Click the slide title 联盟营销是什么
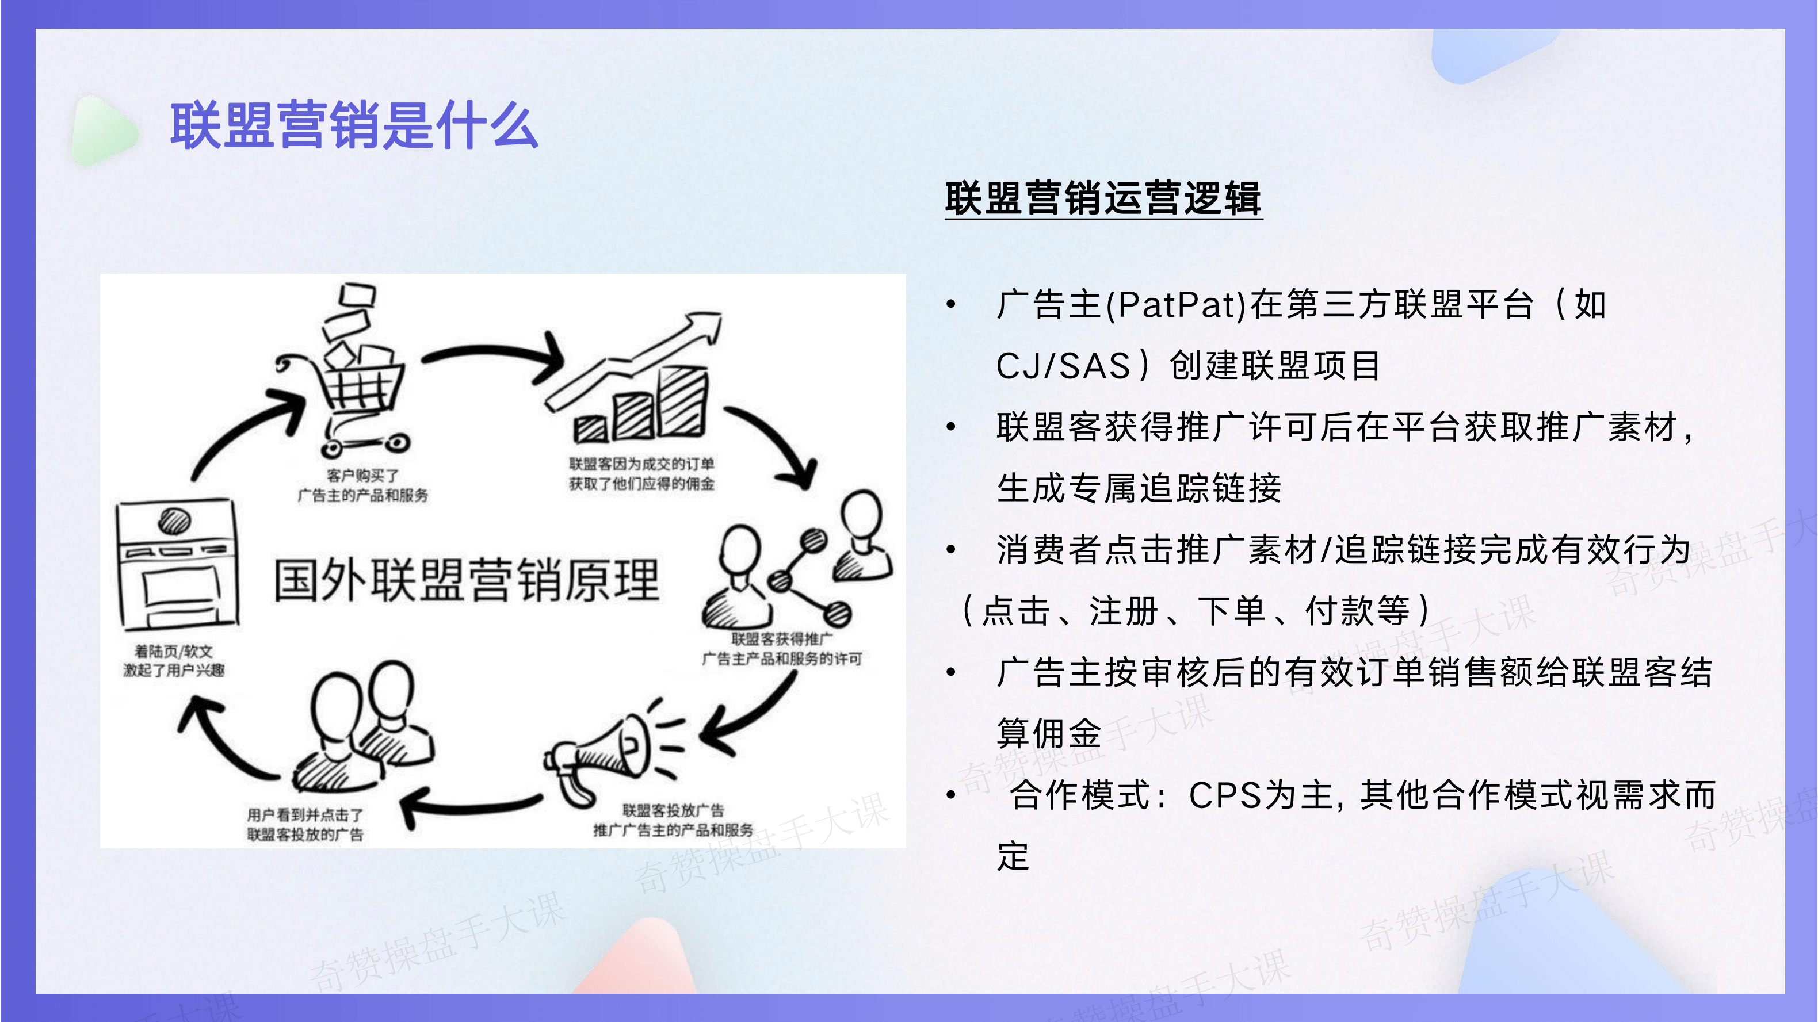[354, 125]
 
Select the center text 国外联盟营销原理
[466, 580]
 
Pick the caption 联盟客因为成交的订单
[641, 464]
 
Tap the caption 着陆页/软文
[174, 651]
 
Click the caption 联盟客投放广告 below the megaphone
[673, 810]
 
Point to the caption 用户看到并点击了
[305, 814]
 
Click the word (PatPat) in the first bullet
[1176, 305]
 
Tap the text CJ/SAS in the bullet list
[1064, 366]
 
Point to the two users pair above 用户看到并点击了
[364, 726]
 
